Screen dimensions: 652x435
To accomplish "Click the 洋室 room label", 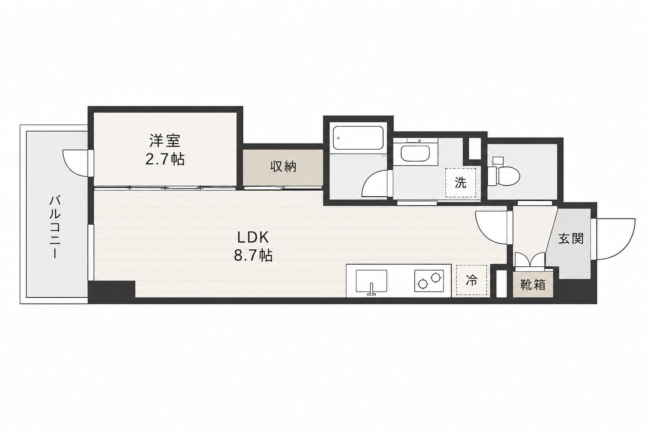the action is pyautogui.click(x=165, y=141).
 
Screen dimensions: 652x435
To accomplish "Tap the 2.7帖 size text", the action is pyautogui.click(x=165, y=159).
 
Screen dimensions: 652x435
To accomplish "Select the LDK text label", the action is pyautogui.click(x=253, y=238).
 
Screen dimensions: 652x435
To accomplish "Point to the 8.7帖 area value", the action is pyautogui.click(x=253, y=256).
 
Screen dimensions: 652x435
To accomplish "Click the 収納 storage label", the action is pyautogui.click(x=283, y=167).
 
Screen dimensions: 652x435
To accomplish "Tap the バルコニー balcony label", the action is pyautogui.click(x=55, y=227).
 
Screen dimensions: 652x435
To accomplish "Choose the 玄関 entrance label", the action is pyautogui.click(x=571, y=239).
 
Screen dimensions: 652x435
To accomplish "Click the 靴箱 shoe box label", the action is pyautogui.click(x=533, y=285).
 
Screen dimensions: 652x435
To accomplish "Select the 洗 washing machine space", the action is pyautogui.click(x=461, y=183).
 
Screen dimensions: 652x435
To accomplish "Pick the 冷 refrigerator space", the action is pyautogui.click(x=472, y=280).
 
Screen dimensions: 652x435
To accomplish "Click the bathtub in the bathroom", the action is pyautogui.click(x=358, y=138).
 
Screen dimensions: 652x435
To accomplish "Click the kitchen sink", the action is pyautogui.click(x=371, y=281).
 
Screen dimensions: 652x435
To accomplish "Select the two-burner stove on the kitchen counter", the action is pyautogui.click(x=429, y=281).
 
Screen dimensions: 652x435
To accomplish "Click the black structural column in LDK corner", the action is pyautogui.click(x=112, y=289).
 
